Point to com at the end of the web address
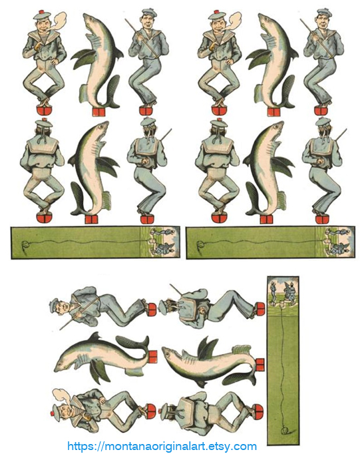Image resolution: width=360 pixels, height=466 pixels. pos(246,447)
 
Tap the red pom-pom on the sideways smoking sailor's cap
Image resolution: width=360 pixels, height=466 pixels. pos(51,414)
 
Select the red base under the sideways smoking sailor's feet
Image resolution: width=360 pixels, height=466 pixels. pos(151,411)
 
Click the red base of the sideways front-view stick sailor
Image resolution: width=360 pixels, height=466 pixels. pos(152,310)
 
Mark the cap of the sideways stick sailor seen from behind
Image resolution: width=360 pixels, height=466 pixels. pos(164,308)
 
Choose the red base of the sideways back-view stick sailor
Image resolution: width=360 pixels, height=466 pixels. pos(260,309)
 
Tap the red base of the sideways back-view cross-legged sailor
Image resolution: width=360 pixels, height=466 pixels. pos(258,411)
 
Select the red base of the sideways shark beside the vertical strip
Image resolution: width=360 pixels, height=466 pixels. pos(260,365)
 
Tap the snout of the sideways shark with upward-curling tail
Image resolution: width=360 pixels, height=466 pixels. pos(57,369)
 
